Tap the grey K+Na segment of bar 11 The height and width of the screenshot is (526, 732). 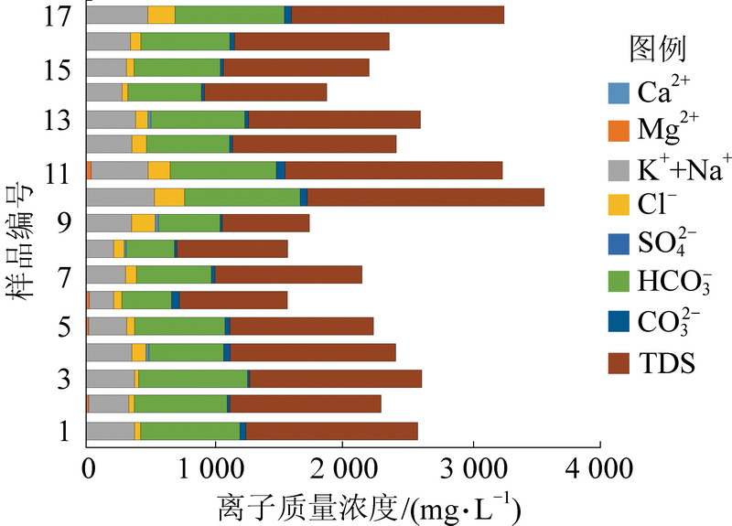point(120,170)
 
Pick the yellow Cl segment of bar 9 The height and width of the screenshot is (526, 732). point(143,223)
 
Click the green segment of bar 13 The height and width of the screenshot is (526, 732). point(198,119)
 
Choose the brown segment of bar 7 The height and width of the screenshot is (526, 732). point(288,274)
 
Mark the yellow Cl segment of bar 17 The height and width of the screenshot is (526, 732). point(161,15)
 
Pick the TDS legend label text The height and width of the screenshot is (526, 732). point(665,363)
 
